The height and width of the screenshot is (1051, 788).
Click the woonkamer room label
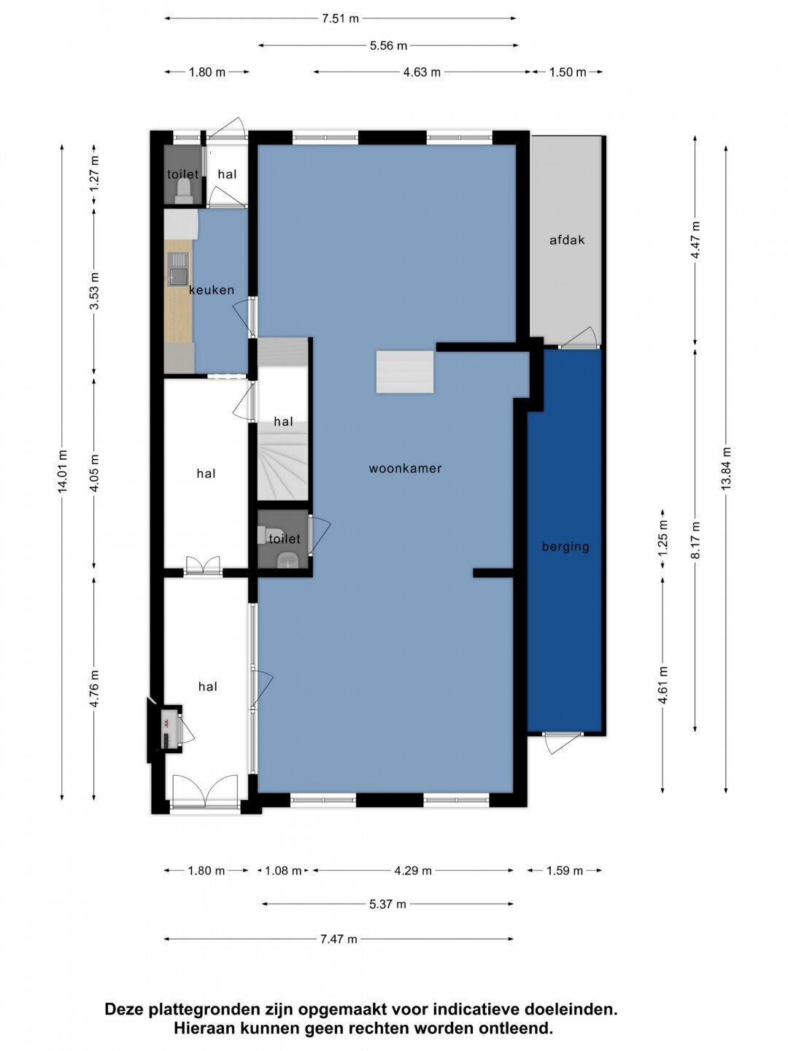[405, 469]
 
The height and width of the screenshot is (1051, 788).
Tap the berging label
[565, 547]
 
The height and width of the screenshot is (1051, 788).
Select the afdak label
[567, 240]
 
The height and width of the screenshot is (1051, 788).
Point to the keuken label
[212, 290]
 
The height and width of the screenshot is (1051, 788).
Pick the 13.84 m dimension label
[726, 468]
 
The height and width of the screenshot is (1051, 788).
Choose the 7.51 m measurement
[340, 19]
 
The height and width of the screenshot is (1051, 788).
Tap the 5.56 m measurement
[388, 45]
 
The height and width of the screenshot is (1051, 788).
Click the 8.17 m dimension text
[695, 539]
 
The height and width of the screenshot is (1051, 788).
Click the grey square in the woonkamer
[405, 372]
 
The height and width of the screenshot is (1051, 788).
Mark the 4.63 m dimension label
[422, 72]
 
